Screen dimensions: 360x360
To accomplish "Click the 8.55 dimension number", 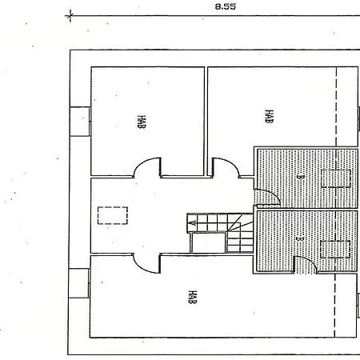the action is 226,6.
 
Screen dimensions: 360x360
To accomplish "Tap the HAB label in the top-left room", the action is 142,122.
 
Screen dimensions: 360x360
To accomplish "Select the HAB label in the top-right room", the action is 269,116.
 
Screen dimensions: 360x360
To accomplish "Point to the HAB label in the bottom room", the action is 192,297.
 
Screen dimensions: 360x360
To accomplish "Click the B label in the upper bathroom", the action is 300,177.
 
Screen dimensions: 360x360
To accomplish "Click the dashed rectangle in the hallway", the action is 113,215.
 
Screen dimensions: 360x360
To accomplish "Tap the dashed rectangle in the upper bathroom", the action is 336,178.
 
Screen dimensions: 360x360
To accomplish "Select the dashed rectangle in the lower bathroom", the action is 335,250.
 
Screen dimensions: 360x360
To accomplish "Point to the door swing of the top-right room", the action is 231,162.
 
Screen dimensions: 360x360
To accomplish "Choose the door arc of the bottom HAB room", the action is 141,268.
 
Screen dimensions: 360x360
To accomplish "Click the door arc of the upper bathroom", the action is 274,194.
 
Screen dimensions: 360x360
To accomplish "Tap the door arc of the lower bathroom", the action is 310,260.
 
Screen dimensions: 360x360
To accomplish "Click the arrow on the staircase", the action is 193,222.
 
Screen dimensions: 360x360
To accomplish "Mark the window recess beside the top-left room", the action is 80,122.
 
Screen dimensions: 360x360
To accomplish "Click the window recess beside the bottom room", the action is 78,283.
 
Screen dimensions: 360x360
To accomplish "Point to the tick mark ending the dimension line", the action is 70,16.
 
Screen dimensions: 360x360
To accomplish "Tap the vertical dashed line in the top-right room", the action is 336,106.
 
